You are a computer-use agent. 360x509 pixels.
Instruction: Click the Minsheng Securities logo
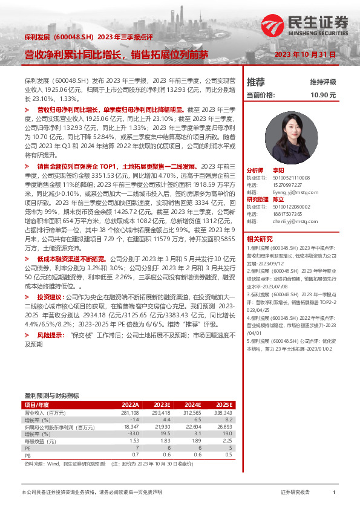pos(318,24)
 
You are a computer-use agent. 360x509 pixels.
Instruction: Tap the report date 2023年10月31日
pos(306,54)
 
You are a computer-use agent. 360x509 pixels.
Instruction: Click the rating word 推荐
pos(256,82)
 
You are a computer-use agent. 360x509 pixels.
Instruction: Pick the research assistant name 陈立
pos(278,199)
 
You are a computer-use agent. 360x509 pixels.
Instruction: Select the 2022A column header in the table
pos(131,404)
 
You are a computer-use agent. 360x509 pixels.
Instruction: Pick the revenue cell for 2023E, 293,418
pos(159,412)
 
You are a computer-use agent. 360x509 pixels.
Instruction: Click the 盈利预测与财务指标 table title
pos(51,394)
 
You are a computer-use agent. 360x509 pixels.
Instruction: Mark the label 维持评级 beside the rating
pos(322,82)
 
